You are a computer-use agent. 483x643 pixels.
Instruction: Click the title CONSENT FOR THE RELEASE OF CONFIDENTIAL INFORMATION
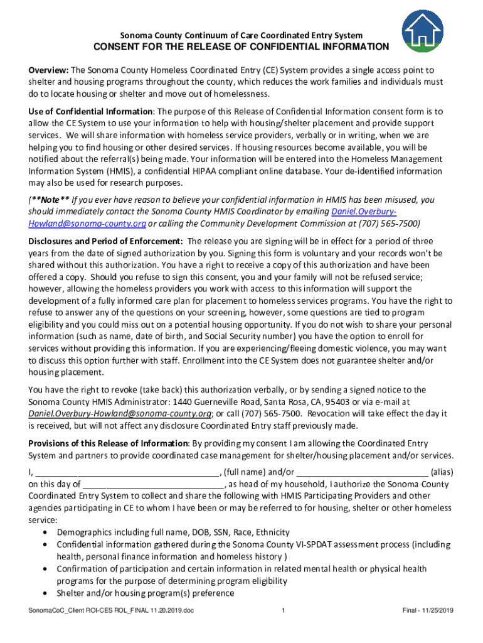click(x=241, y=47)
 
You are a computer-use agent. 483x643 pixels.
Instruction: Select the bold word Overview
click(x=48, y=70)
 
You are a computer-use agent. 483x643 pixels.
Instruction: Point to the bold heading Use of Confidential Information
click(x=91, y=112)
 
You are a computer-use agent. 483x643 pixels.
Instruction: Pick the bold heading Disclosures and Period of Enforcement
click(x=105, y=241)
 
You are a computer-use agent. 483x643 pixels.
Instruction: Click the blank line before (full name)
click(x=126, y=472)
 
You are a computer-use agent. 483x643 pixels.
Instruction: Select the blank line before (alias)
click(x=362, y=472)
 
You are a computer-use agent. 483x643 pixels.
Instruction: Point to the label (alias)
click(x=442, y=472)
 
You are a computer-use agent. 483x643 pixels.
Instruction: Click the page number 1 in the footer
click(x=284, y=611)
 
